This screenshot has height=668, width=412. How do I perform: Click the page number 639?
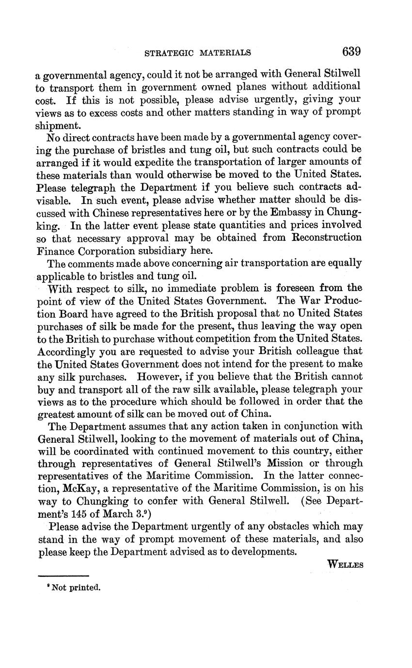[x=351, y=51]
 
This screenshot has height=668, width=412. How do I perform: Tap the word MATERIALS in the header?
[x=227, y=53]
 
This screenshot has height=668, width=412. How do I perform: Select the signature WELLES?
[x=345, y=564]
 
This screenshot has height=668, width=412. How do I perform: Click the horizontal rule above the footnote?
[x=63, y=576]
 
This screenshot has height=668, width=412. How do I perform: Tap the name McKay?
[x=75, y=489]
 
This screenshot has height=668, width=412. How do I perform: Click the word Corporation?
[x=106, y=250]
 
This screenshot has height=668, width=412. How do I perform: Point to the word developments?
[x=262, y=552]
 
